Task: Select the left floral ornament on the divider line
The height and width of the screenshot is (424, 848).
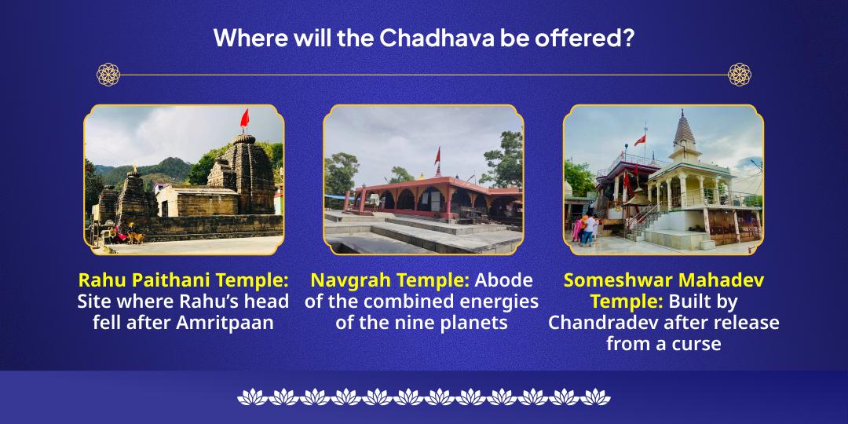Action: pos(108,75)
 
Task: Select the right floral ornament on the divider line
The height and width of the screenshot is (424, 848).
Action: pos(739,75)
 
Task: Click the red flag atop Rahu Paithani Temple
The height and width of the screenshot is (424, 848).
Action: pos(244,119)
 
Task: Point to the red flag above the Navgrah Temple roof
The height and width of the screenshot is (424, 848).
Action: pos(437,155)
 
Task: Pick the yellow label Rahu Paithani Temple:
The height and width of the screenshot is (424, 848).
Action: pos(184,280)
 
